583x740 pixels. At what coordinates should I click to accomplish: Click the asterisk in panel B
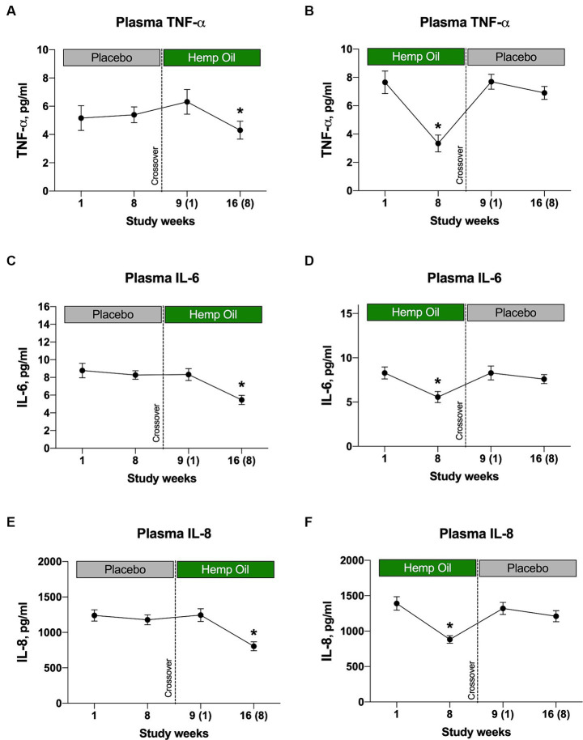[x=438, y=126]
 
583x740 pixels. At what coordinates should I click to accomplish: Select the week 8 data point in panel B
[x=438, y=143]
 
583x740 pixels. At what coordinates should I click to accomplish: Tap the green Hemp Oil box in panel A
[x=212, y=57]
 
